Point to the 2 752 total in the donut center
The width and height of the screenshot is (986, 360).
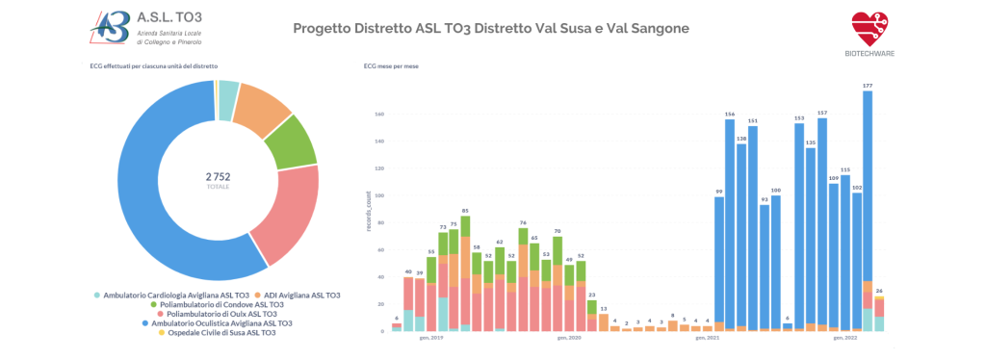pyautogui.click(x=218, y=176)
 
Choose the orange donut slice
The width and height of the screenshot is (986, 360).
pyautogui.click(x=262, y=105)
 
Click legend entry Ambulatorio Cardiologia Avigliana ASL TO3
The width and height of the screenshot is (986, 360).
pyautogui.click(x=176, y=295)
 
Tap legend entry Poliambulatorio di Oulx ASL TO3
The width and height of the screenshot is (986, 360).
pyautogui.click(x=222, y=314)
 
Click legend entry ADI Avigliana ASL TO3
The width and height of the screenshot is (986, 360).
pyautogui.click(x=301, y=295)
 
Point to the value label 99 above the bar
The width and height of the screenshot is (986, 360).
pyautogui.click(x=718, y=192)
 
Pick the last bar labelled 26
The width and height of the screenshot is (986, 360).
pyautogui.click(x=879, y=313)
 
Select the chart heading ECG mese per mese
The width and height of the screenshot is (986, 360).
pyautogui.click(x=390, y=66)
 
